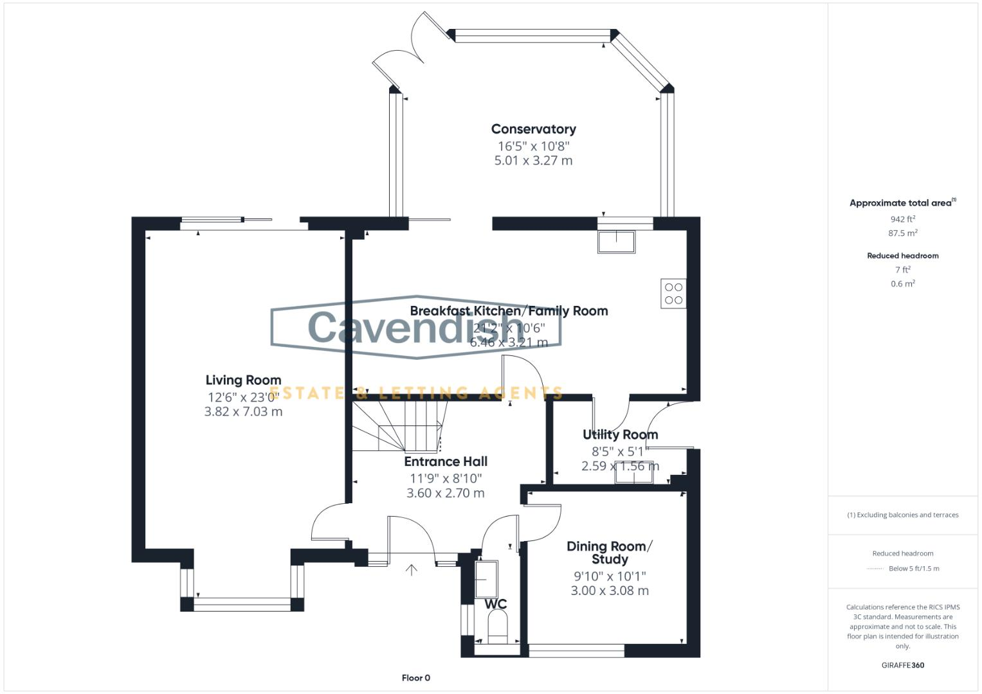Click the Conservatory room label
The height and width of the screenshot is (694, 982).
point(533,129)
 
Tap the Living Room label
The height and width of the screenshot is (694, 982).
point(243,380)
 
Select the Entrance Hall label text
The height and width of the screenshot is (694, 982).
point(446,461)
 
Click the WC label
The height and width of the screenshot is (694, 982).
point(495,604)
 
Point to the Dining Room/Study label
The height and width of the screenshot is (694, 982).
point(609,553)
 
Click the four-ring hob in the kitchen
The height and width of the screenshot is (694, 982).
point(673,294)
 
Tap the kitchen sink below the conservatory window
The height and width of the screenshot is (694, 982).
point(617,242)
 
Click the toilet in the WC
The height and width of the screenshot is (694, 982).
point(497,627)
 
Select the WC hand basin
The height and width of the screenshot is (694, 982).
point(486,579)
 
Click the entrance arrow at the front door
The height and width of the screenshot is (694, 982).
point(411,570)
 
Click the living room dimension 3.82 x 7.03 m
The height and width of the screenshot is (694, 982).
point(243,412)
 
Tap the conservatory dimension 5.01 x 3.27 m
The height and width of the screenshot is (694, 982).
point(533,161)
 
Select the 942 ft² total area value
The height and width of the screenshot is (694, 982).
point(902,219)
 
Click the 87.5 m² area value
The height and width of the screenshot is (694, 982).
point(902,233)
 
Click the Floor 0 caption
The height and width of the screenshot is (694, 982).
point(415,678)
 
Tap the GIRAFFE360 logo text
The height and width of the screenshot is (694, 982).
point(902,665)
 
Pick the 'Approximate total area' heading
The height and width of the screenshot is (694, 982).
point(900,203)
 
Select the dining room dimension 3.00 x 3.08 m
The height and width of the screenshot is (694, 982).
point(609,591)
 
